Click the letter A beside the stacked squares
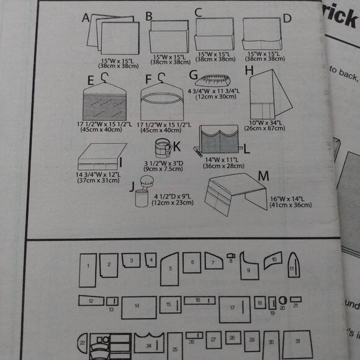86,17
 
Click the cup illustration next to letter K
163,150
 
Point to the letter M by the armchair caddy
263,176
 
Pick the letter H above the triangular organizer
250,71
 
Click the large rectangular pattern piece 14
138,307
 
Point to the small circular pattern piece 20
282,303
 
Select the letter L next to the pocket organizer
246,149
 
